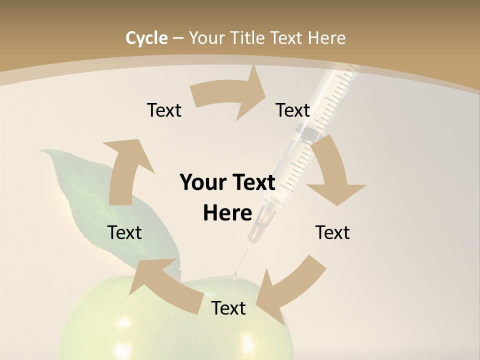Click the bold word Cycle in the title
tap(146, 38)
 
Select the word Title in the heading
tap(247, 38)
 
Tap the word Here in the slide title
tap(326, 38)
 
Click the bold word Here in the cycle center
tap(227, 213)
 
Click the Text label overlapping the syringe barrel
tap(293, 110)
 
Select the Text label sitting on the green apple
tap(228, 308)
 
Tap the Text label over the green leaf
tap(124, 232)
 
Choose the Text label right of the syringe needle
tap(332, 232)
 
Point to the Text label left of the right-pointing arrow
tap(164, 110)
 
